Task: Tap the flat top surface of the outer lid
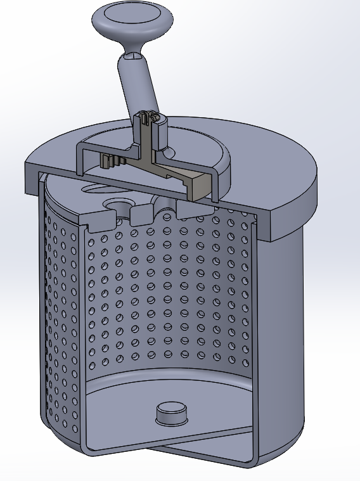tap(273, 152)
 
